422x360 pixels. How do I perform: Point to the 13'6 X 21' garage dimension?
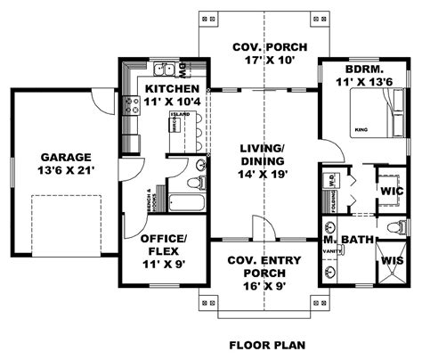[61, 168]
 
